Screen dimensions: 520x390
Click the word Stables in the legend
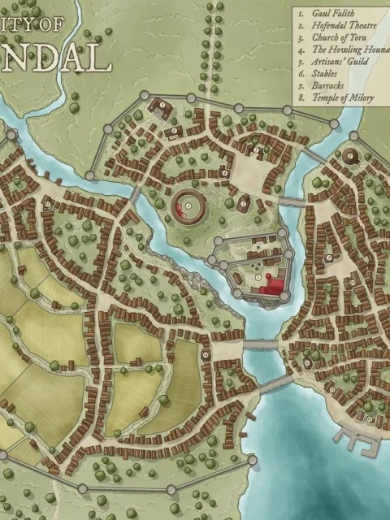(324, 72)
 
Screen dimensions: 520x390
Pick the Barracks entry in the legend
(327, 84)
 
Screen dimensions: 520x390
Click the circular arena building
(188, 208)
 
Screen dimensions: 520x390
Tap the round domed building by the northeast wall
(350, 156)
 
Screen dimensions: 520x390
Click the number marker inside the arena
(188, 208)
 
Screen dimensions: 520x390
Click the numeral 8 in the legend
(301, 96)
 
